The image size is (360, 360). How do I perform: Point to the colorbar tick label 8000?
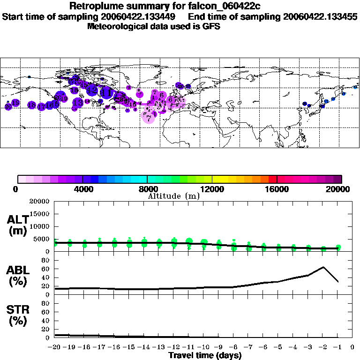click(x=147, y=189)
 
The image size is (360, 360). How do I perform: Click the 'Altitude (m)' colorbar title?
click(x=173, y=196)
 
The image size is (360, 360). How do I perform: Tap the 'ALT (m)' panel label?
click(x=17, y=225)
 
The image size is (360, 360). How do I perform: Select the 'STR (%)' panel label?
click(x=17, y=315)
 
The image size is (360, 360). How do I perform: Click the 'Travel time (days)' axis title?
click(x=205, y=355)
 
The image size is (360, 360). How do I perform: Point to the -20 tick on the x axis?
click(x=54, y=347)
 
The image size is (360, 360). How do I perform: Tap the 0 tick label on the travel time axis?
click(x=353, y=347)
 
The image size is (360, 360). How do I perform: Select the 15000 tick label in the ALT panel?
click(x=40, y=214)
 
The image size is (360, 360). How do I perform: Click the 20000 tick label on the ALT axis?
click(x=40, y=202)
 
